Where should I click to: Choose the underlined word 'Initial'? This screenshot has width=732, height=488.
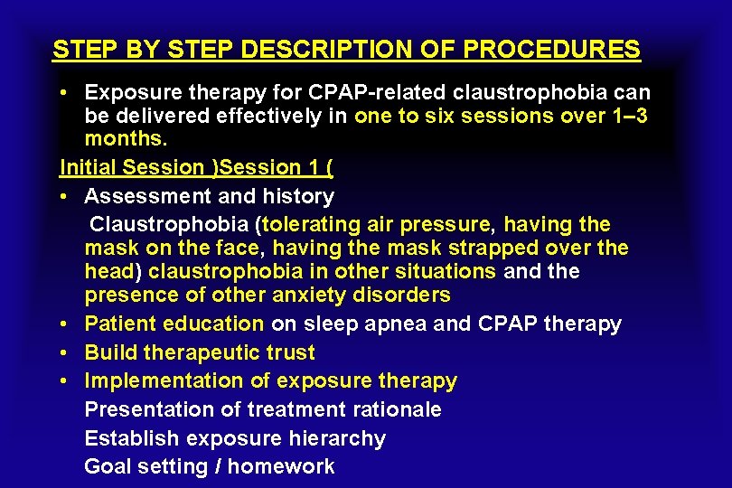click(x=88, y=167)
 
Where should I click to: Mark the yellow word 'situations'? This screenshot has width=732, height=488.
click(x=446, y=271)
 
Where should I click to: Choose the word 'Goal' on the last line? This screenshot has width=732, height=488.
click(x=108, y=466)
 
